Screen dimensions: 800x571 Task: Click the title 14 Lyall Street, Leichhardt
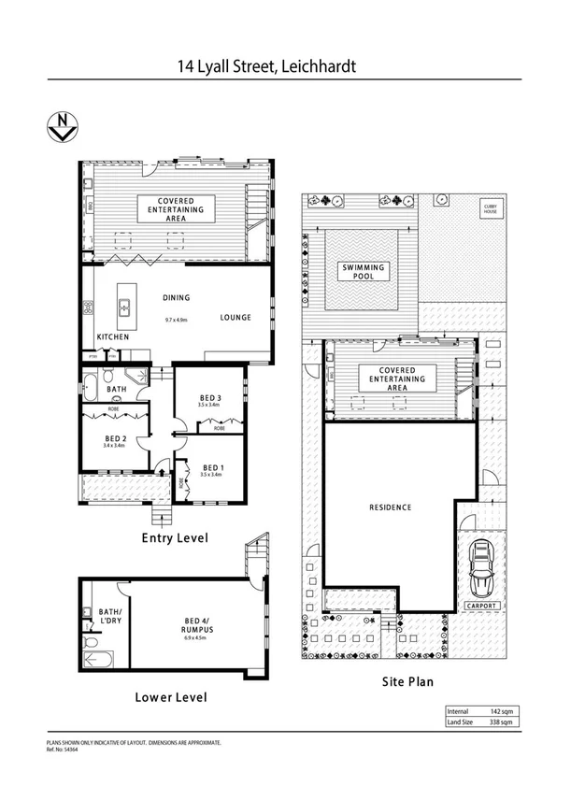[x=267, y=66]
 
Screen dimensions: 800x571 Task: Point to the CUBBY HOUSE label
[x=489, y=207]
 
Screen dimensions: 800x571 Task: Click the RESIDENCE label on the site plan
[x=389, y=507]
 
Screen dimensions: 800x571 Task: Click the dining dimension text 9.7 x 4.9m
[x=177, y=321]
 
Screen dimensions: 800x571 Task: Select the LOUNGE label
[x=236, y=318]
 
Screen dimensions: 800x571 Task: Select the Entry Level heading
[x=174, y=538]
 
